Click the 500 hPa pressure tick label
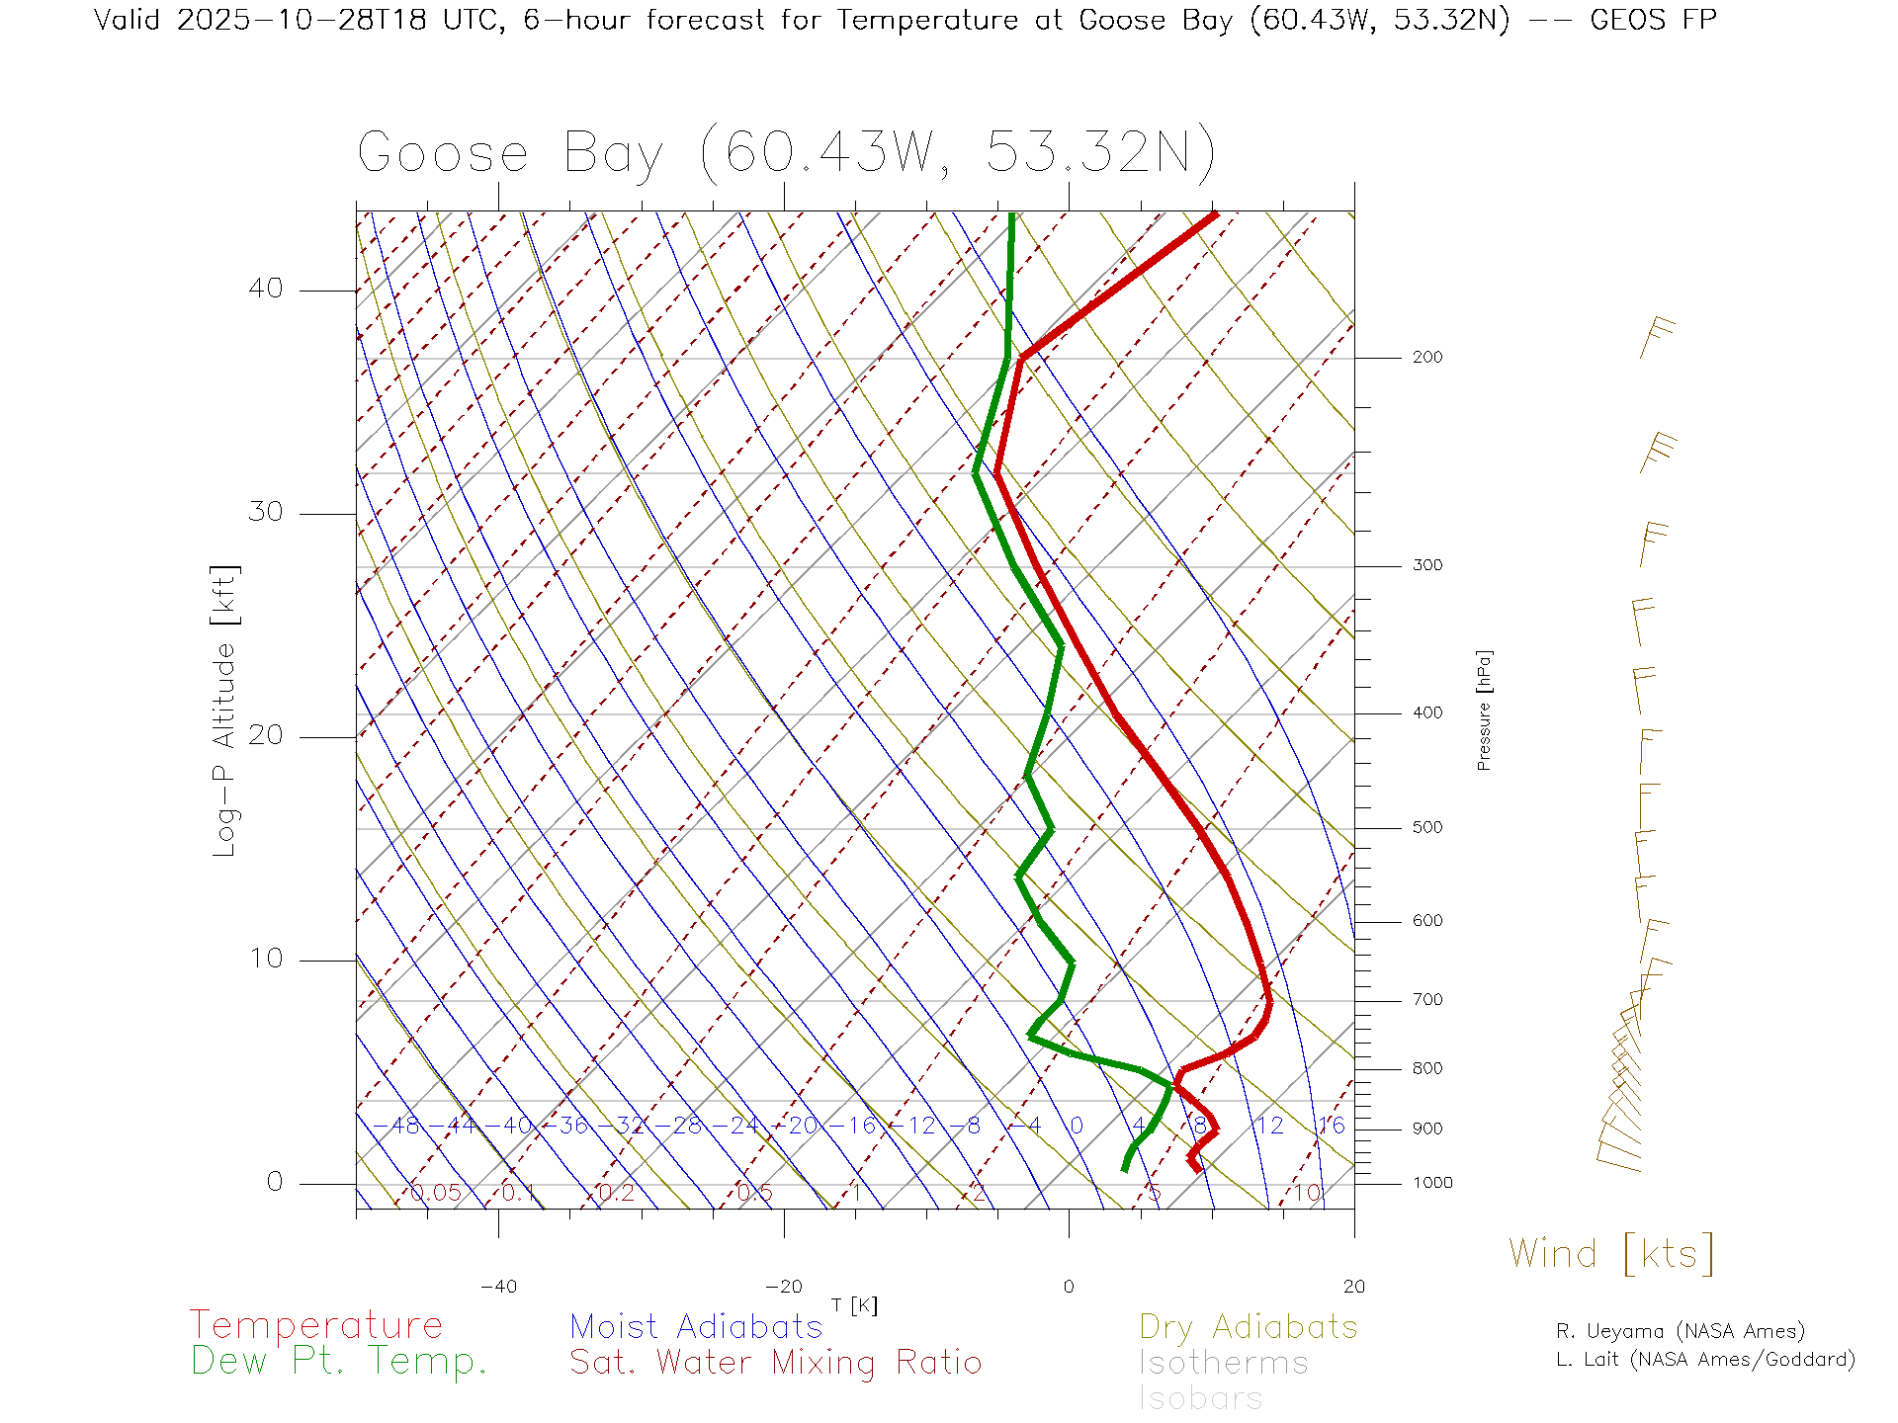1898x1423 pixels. coord(1426,827)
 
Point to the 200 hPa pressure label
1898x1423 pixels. coord(1426,357)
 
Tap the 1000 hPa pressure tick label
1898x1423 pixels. coord(1431,1183)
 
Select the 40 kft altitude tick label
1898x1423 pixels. coord(265,289)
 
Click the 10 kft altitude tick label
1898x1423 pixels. coord(265,959)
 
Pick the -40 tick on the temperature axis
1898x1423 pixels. coord(498,1287)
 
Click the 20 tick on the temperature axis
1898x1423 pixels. coord(1353,1287)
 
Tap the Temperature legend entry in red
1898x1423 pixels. coord(315,1324)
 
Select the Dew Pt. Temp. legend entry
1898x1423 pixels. coord(339,1361)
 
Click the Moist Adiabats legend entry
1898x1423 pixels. coord(696,1326)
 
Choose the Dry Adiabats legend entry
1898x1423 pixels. coord(1248,1326)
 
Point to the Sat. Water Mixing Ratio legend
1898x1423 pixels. coord(775,1362)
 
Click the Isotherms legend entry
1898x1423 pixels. coord(1223,1363)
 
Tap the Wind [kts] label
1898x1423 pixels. coord(1610,1253)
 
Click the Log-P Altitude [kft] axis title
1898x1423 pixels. coord(225,711)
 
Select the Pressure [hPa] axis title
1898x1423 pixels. coord(1484,710)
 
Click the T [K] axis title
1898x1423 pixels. coord(854,1305)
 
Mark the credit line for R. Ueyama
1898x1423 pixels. coord(1680,1331)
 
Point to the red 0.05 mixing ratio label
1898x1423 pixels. coord(435,1193)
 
